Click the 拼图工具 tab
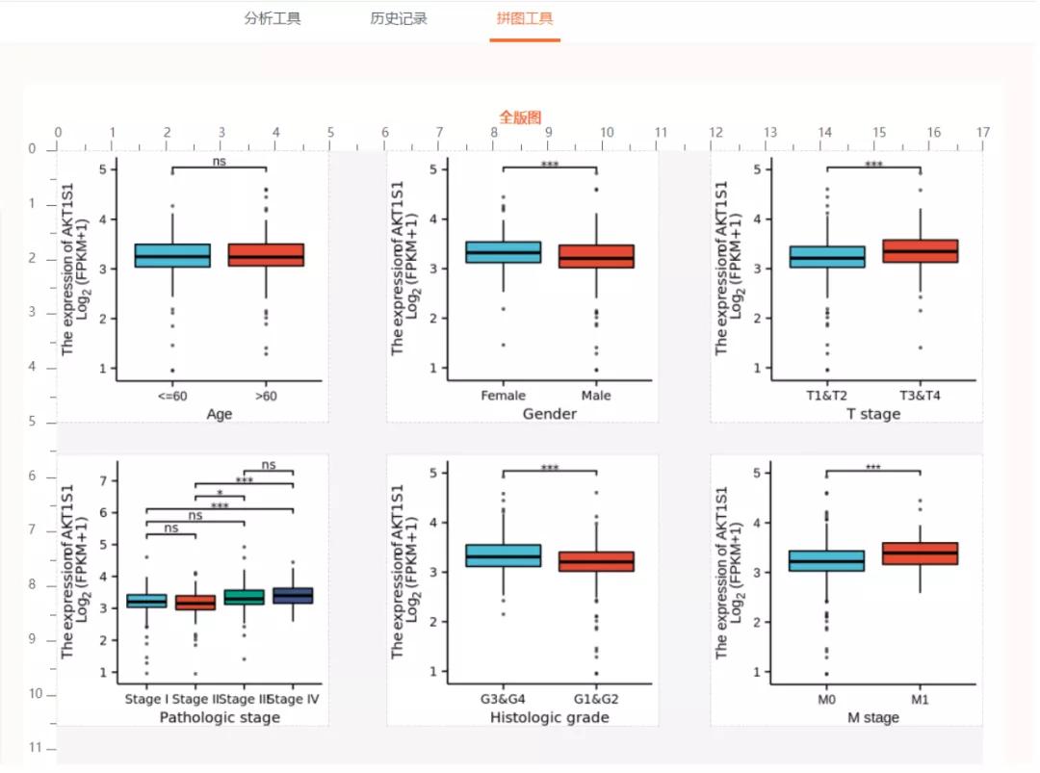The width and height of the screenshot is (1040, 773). pos(525,18)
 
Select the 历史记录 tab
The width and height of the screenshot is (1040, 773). pos(399,18)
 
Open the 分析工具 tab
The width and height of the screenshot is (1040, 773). pos(273,18)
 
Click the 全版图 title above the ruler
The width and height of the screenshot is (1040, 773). pos(520,116)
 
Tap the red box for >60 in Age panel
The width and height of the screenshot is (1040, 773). pos(266,255)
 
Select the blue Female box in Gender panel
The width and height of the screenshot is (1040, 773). pos(503,252)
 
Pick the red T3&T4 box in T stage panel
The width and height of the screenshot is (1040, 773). pos(921,251)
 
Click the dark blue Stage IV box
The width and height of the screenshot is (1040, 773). pos(293,596)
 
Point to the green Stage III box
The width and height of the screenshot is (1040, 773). pos(245,598)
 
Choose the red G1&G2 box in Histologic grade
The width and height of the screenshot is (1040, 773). pos(596,561)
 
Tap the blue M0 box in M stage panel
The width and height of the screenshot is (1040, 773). pos(826,560)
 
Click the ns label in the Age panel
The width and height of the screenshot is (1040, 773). pos(220,161)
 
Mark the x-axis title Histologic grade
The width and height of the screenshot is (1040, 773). pos(550,717)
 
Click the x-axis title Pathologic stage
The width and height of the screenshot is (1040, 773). pos(220,717)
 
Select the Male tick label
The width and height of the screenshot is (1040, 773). pos(596,396)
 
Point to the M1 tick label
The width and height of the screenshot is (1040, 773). pos(921,700)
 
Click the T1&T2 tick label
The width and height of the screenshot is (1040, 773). pos(826,396)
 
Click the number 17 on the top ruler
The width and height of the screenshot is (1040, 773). pos(982,132)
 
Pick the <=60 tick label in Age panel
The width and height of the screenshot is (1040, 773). pos(172,396)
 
